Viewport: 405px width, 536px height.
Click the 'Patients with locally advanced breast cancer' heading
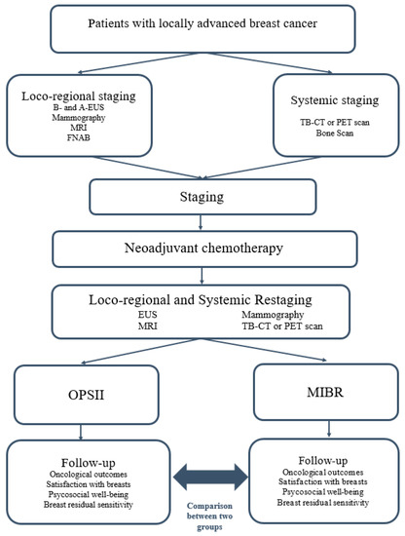coord(202,23)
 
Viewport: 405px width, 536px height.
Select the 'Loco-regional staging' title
coord(79,96)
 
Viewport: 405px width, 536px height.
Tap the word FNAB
coord(79,137)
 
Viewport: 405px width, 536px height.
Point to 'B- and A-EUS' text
coord(79,107)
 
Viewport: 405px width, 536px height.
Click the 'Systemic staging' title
coord(335,100)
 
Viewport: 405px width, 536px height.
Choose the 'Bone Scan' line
coord(335,133)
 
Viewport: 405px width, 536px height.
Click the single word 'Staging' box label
coord(202,197)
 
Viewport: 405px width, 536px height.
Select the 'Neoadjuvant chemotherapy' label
coord(203,248)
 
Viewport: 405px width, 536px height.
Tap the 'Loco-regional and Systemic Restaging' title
coord(201,300)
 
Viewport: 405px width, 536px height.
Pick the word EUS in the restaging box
coord(148,314)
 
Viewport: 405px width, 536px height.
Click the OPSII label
coord(86,395)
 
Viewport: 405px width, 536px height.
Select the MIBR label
coord(325,392)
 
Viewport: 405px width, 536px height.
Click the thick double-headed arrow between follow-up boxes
coord(210,478)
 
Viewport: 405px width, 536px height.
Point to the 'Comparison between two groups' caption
coord(209,517)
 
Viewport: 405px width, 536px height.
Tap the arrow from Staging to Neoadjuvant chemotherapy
coord(201,222)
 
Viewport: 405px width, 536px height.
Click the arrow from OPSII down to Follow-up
coord(81,432)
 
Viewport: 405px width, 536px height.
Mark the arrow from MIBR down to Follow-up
coord(329,429)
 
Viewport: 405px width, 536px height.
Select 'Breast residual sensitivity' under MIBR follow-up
coord(323,503)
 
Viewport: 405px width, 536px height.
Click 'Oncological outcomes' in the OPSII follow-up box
coord(88,475)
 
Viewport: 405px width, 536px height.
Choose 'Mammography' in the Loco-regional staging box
coord(79,118)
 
